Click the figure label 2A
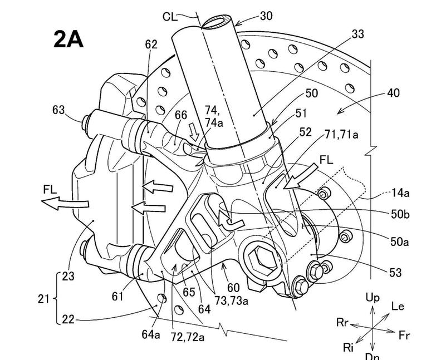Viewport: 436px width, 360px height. (x=68, y=38)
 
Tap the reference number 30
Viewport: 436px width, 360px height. (x=266, y=16)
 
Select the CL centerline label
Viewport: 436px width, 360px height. (x=170, y=17)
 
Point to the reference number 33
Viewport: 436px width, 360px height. (x=357, y=34)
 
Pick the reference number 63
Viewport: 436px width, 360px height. (x=59, y=110)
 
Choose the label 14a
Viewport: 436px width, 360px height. (x=400, y=193)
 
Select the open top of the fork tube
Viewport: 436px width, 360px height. (x=217, y=23)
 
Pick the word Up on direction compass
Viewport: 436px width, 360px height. (x=373, y=298)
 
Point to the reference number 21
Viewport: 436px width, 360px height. (x=44, y=299)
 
